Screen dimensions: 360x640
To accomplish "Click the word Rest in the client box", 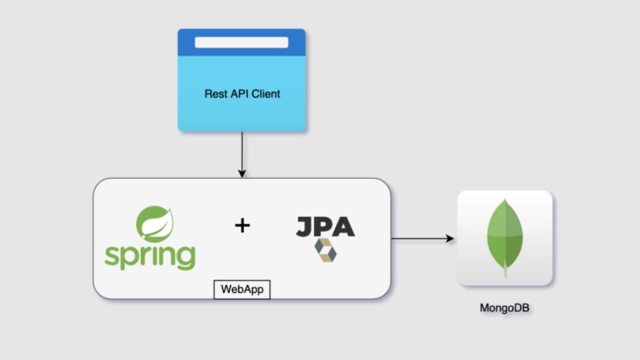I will click(x=215, y=94).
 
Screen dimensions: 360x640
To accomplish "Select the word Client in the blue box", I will click(x=266, y=94).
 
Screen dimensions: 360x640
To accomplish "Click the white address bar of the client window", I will click(x=241, y=42).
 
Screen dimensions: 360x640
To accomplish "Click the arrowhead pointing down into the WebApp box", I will click(x=241, y=173).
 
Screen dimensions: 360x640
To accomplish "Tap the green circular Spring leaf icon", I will click(x=155, y=223).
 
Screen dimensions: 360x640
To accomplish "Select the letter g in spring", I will click(x=186, y=259).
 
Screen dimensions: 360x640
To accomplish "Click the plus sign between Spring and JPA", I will click(x=242, y=226).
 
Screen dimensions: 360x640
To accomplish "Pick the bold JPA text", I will click(x=325, y=226).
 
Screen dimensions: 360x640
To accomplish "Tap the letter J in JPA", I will click(x=304, y=226).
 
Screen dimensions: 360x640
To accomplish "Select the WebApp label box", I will click(x=241, y=290).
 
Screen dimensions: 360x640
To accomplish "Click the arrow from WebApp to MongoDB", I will click(x=420, y=238).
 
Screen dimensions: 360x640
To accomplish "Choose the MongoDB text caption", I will click(x=505, y=309).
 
